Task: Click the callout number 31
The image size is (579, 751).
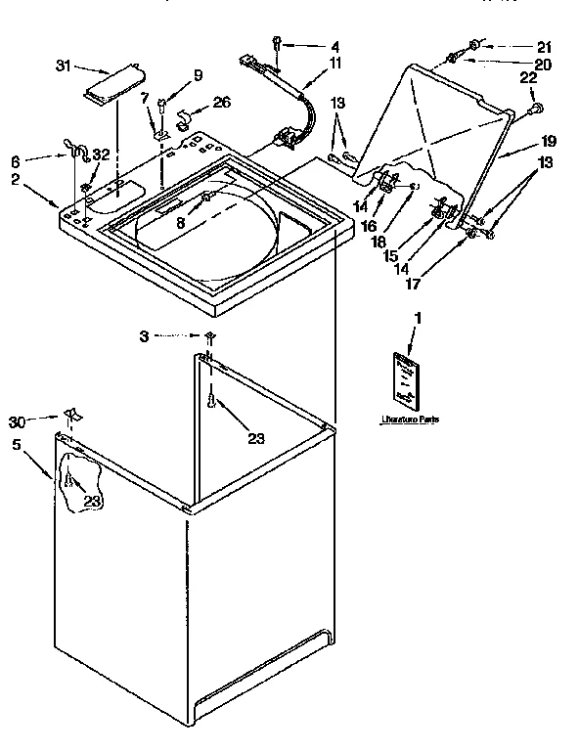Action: point(64,66)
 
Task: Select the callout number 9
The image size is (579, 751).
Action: point(198,75)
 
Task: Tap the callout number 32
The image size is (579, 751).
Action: point(98,154)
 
